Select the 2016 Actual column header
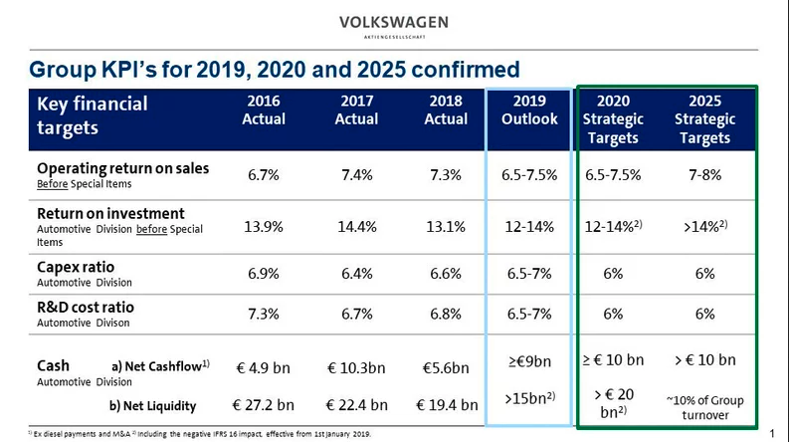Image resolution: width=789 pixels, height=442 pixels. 264,110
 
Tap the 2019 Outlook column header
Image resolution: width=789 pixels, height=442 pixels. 529,110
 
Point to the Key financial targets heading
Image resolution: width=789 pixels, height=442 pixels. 92,115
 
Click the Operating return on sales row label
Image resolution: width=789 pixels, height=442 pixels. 122,168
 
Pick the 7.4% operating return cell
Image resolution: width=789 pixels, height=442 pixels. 356,175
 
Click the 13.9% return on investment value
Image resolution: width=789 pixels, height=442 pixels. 264,226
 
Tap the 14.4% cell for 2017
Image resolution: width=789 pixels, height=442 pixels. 356,226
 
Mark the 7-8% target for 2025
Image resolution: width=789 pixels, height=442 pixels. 705,175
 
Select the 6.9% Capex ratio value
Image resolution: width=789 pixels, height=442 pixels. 264,273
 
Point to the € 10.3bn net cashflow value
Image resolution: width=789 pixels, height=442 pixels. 357,367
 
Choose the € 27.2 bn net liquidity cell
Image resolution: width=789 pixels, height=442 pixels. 264,404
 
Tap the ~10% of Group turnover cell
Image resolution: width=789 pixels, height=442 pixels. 705,407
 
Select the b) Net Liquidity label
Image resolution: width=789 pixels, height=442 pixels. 152,405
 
